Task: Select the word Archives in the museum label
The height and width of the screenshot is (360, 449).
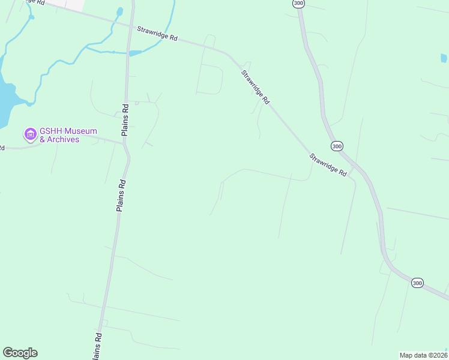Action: [62, 140]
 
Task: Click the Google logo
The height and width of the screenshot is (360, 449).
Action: [20, 353]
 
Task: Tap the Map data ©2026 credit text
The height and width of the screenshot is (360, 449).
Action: [423, 355]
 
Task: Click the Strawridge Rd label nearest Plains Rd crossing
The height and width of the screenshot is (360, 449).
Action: [157, 33]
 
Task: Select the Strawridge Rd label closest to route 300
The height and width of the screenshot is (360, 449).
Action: [328, 165]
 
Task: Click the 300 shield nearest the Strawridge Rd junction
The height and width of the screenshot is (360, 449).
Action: [337, 146]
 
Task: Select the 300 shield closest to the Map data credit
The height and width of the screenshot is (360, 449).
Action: [418, 283]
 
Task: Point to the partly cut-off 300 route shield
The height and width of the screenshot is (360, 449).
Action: [298, 4]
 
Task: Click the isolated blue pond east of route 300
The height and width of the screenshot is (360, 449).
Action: [444, 58]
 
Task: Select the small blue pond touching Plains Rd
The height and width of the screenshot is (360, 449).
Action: [134, 53]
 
